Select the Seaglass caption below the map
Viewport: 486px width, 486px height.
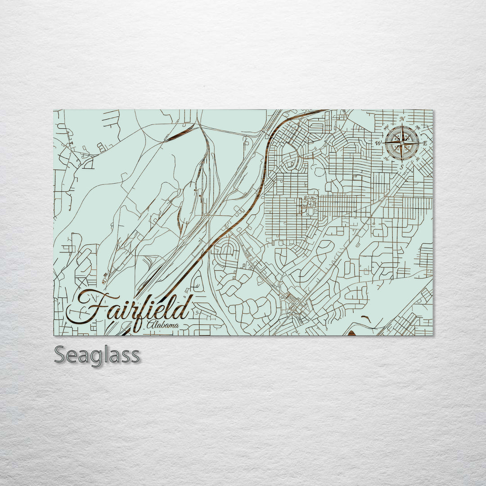[x=97, y=355]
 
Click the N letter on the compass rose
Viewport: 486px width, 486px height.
[x=402, y=119]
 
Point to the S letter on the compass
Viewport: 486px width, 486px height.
[x=402, y=166]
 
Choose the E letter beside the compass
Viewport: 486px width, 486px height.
[x=425, y=143]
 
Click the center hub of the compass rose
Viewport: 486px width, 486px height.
[x=402, y=143]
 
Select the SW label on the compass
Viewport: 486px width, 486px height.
[x=386, y=158]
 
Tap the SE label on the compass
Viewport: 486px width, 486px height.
[x=418, y=159]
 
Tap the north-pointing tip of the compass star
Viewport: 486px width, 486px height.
[x=402, y=124]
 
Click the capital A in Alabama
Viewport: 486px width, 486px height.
[x=150, y=324]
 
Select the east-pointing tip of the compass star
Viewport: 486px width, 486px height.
[x=421, y=143]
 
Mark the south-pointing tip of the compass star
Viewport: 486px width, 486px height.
[x=402, y=162]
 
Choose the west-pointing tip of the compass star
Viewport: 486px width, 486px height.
[x=383, y=143]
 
